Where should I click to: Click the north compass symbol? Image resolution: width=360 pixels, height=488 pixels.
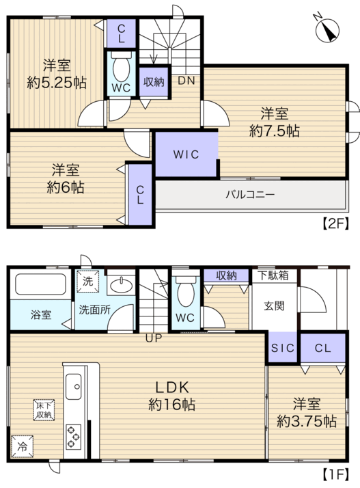(327, 30)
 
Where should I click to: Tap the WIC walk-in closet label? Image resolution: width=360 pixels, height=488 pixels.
(186, 154)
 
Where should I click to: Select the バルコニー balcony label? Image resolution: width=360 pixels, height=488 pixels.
(250, 195)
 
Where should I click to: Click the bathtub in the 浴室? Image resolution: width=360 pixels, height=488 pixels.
(40, 284)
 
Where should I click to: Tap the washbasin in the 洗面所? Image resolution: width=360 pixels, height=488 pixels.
(122, 285)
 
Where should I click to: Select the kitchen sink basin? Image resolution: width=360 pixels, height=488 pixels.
(73, 387)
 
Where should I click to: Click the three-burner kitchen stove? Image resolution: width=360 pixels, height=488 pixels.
(73, 437)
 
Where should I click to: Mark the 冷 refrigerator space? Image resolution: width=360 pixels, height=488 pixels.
(22, 446)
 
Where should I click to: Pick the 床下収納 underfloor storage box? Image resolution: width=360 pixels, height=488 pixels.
(44, 410)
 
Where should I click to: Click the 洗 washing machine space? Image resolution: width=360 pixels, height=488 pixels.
(87, 282)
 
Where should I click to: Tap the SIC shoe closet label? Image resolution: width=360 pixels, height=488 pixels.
(283, 348)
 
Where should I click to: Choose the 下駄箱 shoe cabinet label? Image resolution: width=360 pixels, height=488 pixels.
(274, 275)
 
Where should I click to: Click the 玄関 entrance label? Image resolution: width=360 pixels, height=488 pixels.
(274, 306)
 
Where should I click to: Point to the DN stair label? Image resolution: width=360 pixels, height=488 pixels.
(186, 81)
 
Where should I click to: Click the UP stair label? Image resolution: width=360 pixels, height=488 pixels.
(154, 338)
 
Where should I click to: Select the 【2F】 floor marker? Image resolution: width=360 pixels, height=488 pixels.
(335, 223)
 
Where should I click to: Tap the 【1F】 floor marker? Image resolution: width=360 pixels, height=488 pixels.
(335, 474)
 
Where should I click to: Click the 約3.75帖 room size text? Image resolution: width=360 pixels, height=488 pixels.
(307, 422)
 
